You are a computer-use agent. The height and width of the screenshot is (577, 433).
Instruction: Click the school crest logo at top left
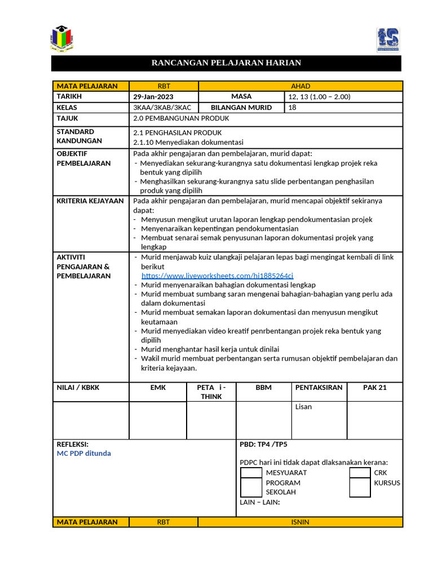click(62, 38)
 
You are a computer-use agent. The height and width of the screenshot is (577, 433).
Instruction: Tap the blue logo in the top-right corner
click(388, 39)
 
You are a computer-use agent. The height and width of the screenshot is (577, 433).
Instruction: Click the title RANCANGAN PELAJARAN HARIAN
click(226, 63)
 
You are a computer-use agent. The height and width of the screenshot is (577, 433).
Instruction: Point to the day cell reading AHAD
click(300, 86)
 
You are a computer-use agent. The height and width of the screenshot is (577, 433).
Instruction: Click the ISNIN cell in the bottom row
click(300, 522)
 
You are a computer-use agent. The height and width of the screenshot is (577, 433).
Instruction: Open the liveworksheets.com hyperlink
click(217, 276)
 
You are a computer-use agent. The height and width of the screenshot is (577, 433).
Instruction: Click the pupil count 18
click(292, 107)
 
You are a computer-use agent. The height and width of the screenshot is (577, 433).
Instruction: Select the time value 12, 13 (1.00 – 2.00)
click(319, 96)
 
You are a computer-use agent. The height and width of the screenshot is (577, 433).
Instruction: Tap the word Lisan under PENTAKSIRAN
click(303, 407)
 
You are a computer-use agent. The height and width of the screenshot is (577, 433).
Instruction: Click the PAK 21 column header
click(375, 388)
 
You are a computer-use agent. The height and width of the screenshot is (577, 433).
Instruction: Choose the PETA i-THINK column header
click(211, 392)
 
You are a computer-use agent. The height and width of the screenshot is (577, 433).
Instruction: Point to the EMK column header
click(158, 388)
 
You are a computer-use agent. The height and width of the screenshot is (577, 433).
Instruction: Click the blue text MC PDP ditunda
click(84, 453)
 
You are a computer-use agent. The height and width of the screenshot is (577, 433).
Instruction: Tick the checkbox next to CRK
click(360, 473)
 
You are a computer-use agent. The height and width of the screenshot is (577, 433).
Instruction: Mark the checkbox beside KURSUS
click(360, 487)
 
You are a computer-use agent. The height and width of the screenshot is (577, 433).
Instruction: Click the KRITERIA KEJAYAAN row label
click(90, 201)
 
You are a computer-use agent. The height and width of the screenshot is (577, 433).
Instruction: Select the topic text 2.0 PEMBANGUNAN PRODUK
click(181, 118)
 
